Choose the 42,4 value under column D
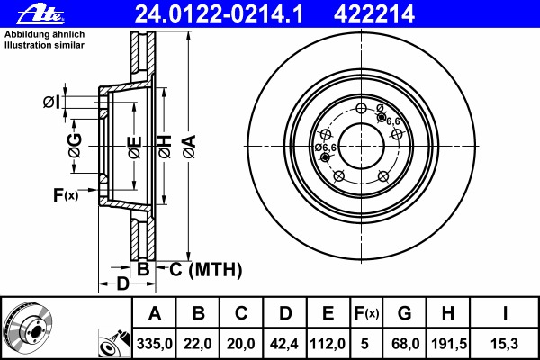click(284, 342)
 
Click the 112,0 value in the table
click(328, 342)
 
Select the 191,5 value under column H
click(447, 342)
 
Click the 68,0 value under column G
click(404, 342)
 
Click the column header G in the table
click(404, 313)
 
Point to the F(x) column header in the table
click(365, 313)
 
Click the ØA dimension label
click(188, 145)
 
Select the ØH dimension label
click(165, 145)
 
